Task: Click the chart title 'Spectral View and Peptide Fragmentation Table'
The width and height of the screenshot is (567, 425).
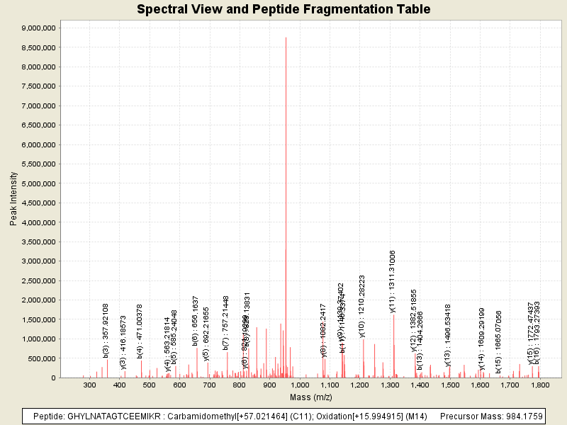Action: (283, 9)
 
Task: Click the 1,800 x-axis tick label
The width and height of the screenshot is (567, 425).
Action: (540, 385)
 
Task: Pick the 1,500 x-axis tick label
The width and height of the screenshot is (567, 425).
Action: (450, 385)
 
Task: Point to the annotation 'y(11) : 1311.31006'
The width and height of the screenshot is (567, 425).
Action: (393, 280)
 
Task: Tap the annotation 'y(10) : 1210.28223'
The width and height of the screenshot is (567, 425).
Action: (362, 305)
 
